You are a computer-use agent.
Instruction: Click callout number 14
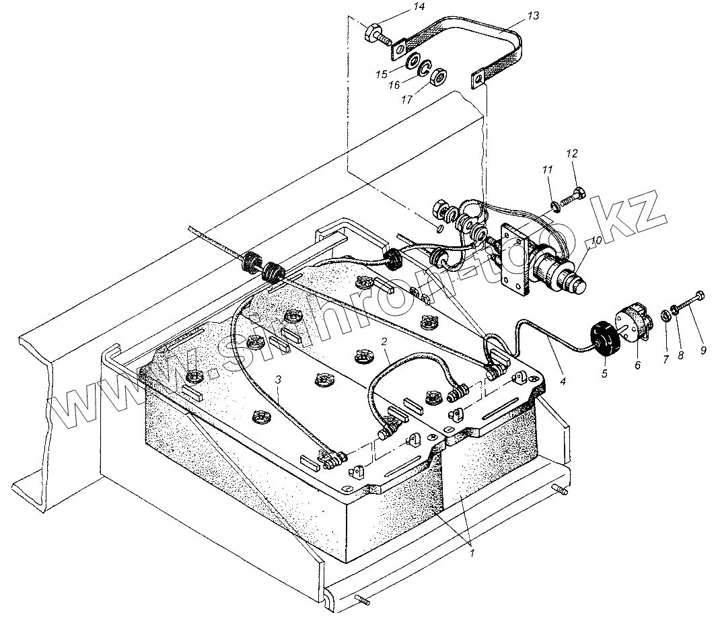[x=400, y=7]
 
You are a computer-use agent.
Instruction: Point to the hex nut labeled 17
[x=438, y=76]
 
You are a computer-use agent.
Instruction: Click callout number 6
[x=637, y=364]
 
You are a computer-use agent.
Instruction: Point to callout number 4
[x=563, y=382]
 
